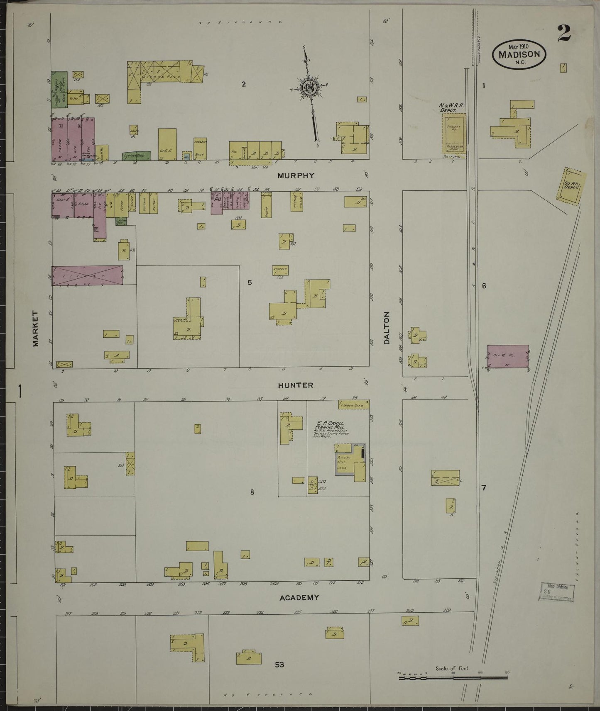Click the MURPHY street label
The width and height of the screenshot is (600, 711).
(x=296, y=175)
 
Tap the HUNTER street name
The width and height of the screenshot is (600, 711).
(x=296, y=385)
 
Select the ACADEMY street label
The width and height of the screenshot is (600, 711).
(x=299, y=598)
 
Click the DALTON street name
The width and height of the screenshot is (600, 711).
(x=387, y=329)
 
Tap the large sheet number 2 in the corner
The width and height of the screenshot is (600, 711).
(x=564, y=34)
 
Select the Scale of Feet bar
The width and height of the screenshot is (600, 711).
(x=453, y=678)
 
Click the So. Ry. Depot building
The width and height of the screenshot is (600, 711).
(x=572, y=187)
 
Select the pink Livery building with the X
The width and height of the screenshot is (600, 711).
(x=88, y=275)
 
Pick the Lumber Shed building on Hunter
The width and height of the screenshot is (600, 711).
(x=353, y=405)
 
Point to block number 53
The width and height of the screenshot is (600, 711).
(x=279, y=665)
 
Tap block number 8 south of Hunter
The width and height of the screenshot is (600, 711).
(x=252, y=492)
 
